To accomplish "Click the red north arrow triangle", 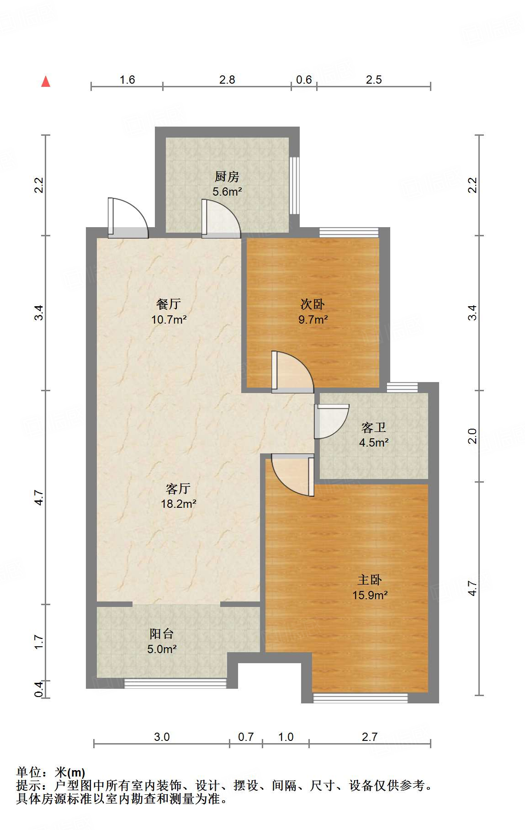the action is [x=46, y=81].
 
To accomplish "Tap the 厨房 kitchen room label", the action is [x=227, y=176].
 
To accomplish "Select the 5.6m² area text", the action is [x=227, y=192].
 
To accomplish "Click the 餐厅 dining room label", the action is [x=169, y=304].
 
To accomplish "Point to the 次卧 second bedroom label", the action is [x=313, y=304].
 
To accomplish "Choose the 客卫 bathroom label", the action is [x=374, y=427].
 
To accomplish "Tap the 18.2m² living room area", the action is [x=179, y=504].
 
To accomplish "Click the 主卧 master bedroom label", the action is [x=370, y=580].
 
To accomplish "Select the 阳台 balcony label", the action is [x=162, y=633].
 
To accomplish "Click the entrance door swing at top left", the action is [x=128, y=218].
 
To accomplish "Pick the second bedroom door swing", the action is [x=292, y=372].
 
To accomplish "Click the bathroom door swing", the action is [x=332, y=421].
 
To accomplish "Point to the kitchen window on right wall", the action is [x=295, y=185].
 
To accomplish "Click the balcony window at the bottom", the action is [x=175, y=683].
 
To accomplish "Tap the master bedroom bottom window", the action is [x=360, y=698].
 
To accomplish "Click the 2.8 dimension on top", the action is [x=227, y=80].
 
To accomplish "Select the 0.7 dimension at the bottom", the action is [x=246, y=737].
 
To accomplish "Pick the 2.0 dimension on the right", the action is [x=472, y=436].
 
